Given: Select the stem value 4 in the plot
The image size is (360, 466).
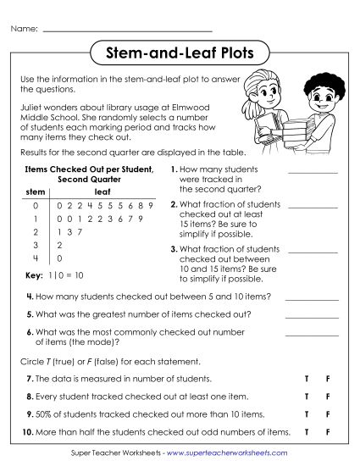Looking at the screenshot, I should (x=35, y=258).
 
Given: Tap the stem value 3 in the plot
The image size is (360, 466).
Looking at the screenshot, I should (x=35, y=244).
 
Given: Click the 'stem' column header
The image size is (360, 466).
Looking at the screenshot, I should (x=36, y=192).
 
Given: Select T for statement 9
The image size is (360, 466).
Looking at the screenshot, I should (x=306, y=414).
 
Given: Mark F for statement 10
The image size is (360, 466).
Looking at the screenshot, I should (x=328, y=432).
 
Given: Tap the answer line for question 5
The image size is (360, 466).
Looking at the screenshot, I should (x=311, y=316).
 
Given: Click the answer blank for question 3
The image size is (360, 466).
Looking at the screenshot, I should (x=313, y=252).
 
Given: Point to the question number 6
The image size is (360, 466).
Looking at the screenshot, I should (x=30, y=331).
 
